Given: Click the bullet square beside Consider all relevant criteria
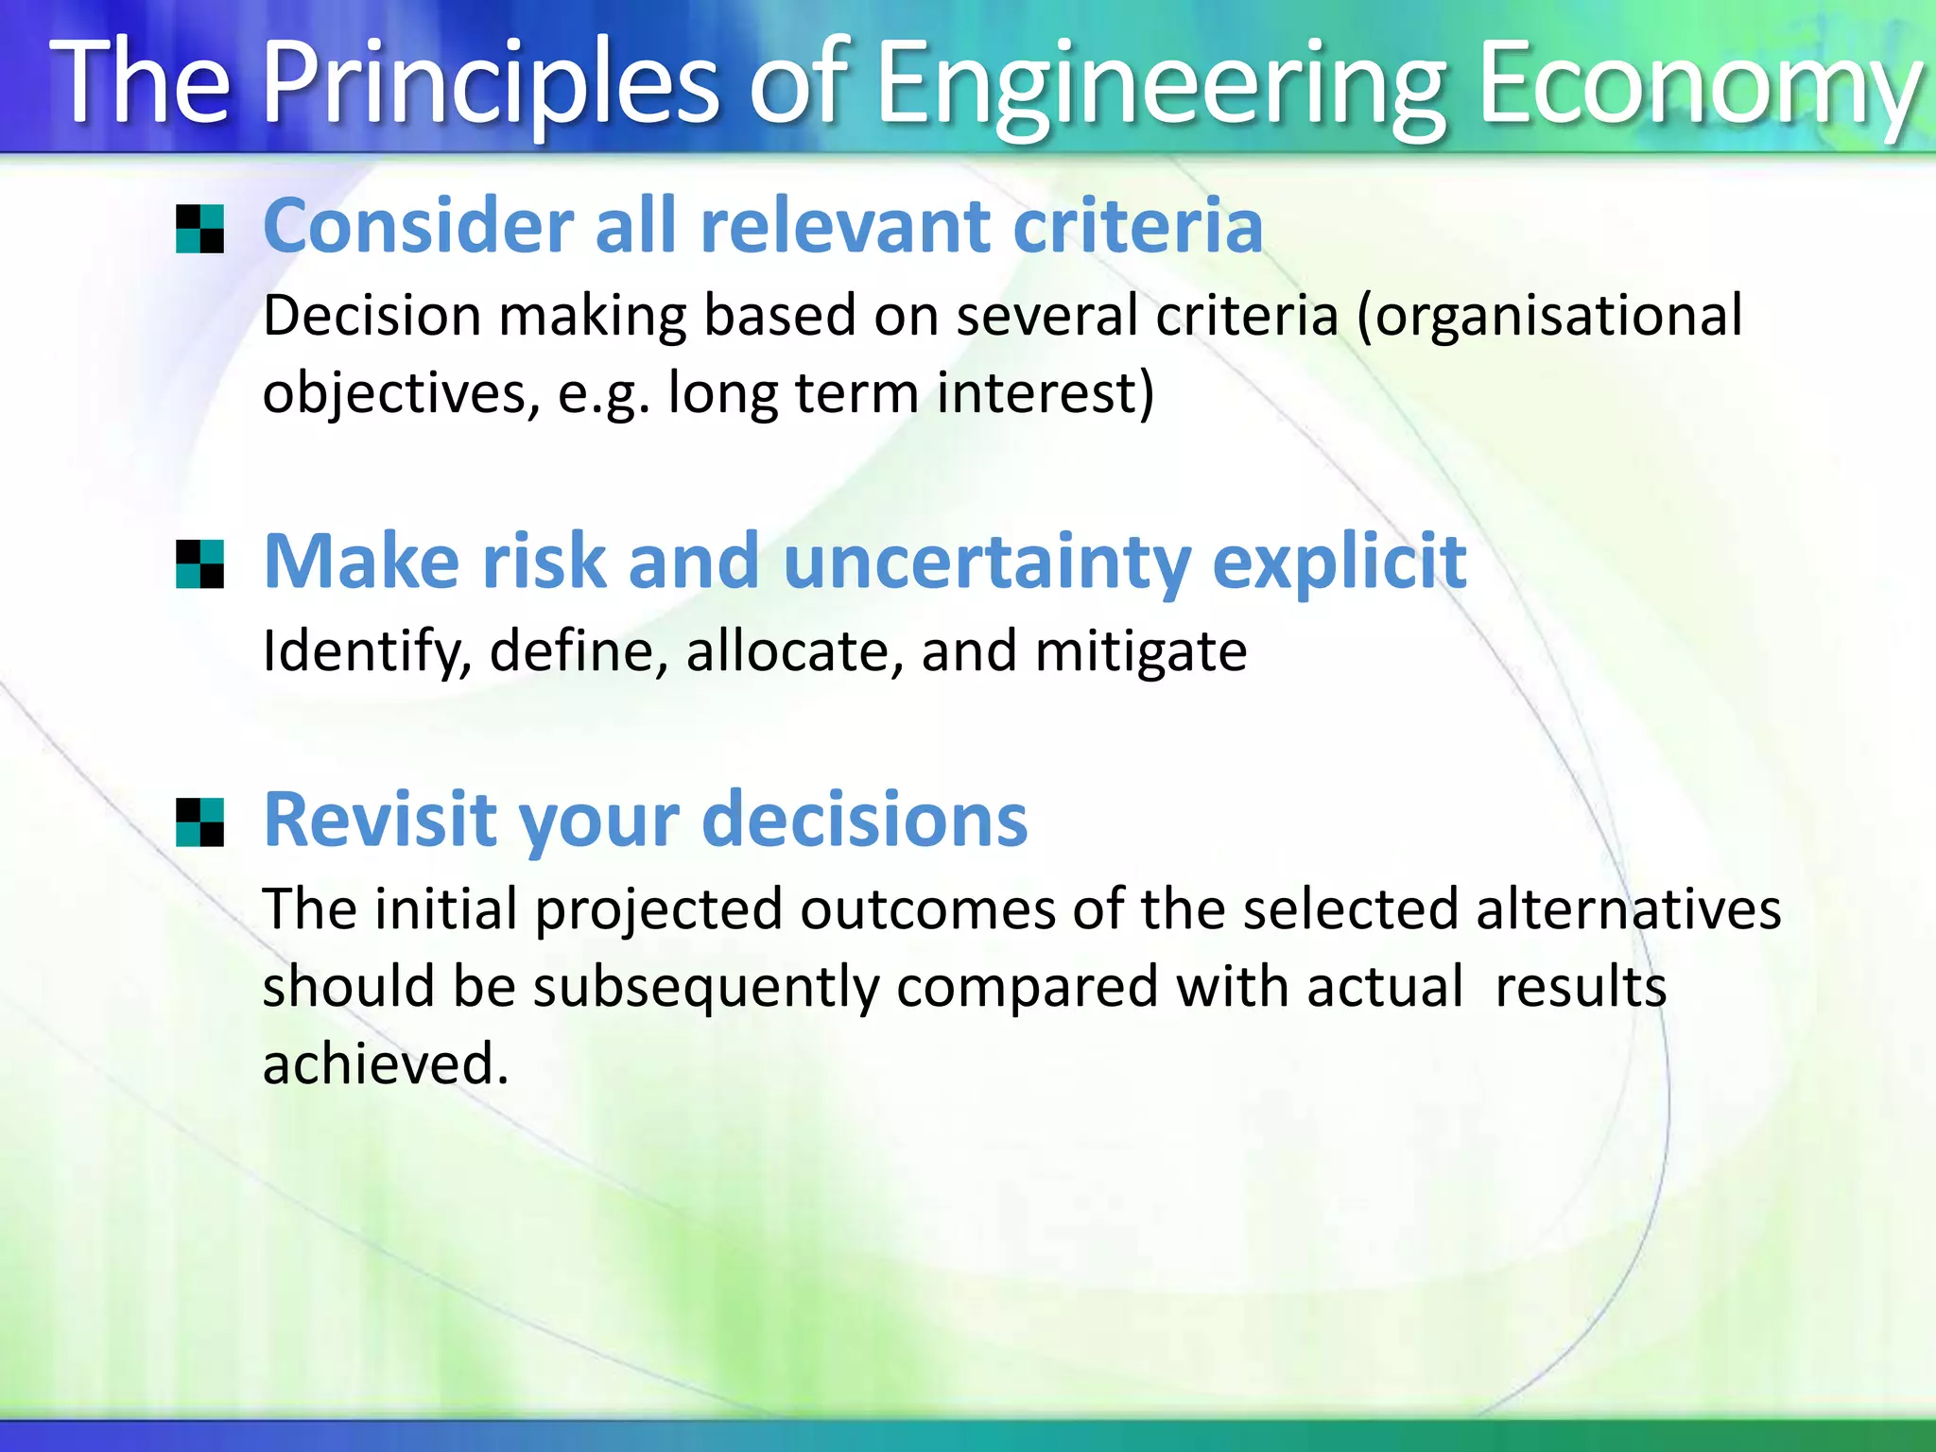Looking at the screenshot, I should click(200, 230).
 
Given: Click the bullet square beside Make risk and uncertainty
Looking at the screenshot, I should click(200, 564).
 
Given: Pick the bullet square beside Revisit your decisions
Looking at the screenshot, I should click(200, 822).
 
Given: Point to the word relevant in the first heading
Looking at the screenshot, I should click(846, 227).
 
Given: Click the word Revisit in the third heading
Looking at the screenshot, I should click(379, 819).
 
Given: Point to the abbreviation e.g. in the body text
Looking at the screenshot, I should click(603, 393).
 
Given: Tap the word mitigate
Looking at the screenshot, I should click(1141, 651).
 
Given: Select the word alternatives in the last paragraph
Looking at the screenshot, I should click(1628, 909).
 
